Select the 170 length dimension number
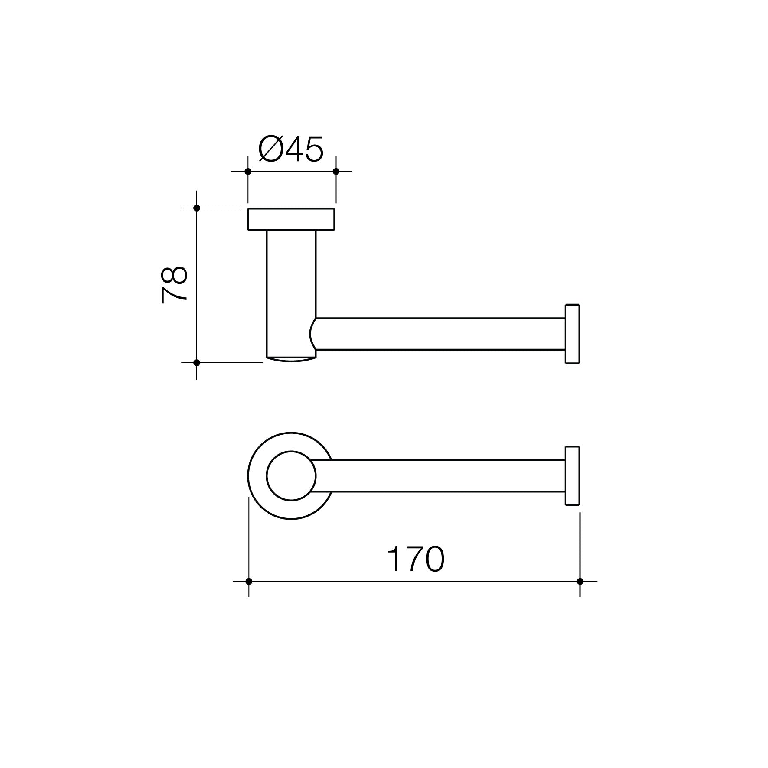(415, 560)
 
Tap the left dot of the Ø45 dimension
(248, 172)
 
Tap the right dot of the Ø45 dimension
(336, 172)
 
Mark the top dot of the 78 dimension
(197, 208)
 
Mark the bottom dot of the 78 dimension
(197, 362)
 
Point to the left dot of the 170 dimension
(249, 581)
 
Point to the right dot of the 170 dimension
(580, 581)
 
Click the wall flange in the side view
(291, 219)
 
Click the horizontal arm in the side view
(438, 334)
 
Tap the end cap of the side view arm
(572, 334)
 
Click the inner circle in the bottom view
(291, 476)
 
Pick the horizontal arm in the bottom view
(438, 476)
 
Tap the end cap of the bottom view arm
(572, 476)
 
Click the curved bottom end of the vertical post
(291, 359)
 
